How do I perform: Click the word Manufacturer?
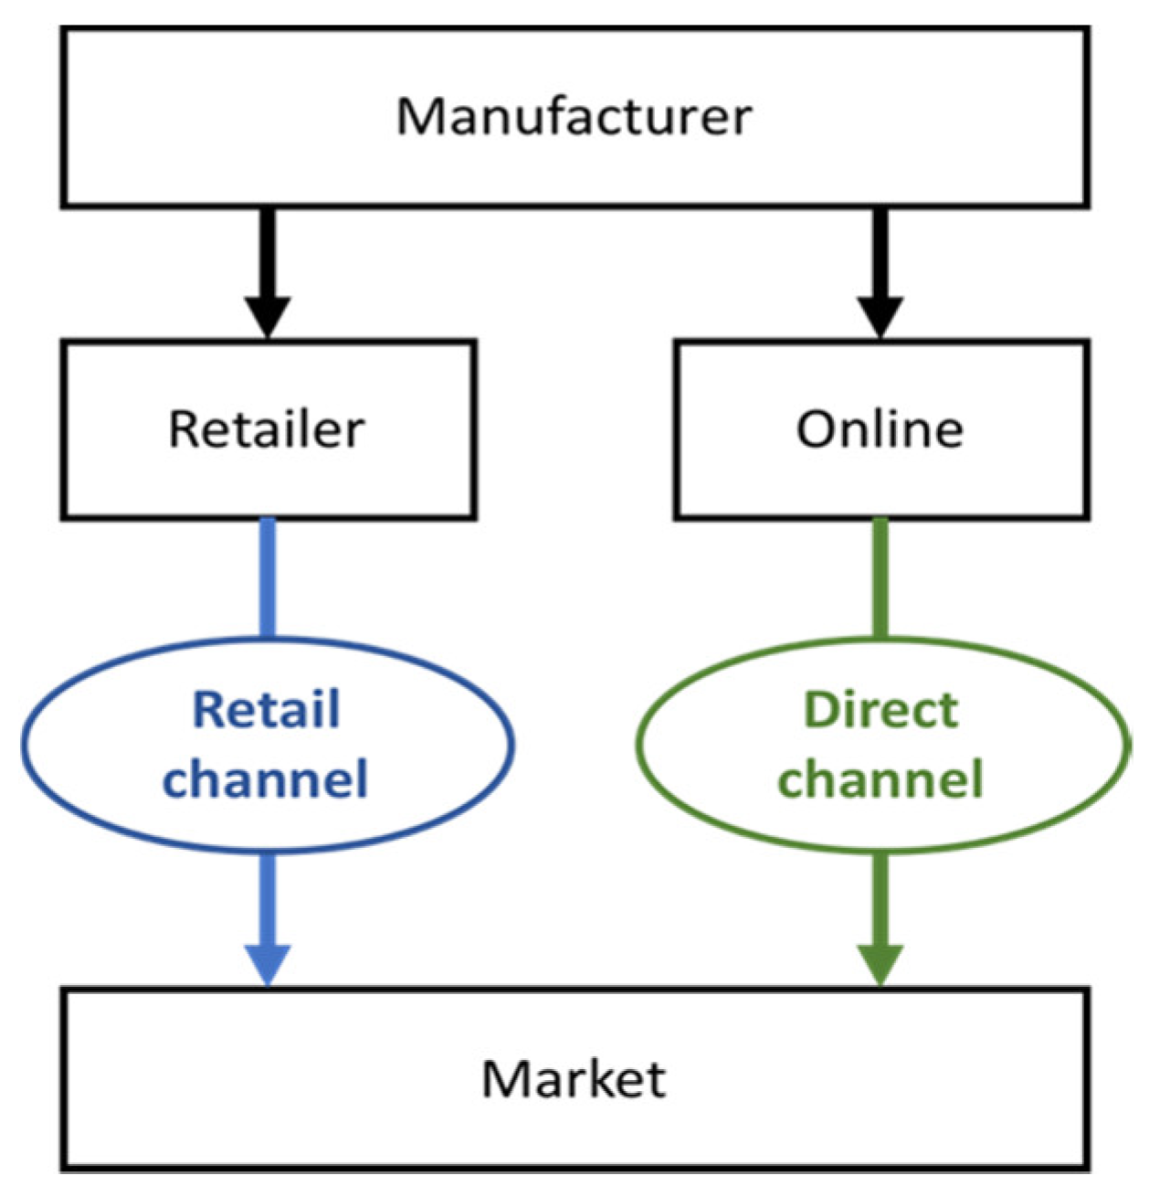coord(574,117)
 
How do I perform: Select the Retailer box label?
coord(267,429)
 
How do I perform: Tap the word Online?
coord(880,429)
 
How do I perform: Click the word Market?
coord(574,1078)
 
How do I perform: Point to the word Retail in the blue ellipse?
coord(267,710)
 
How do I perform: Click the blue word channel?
coord(266,779)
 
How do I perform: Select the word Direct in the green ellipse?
coord(881,710)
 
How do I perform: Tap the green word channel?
coord(881,779)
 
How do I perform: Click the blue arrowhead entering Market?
coord(268,965)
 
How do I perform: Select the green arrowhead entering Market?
coord(881,965)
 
